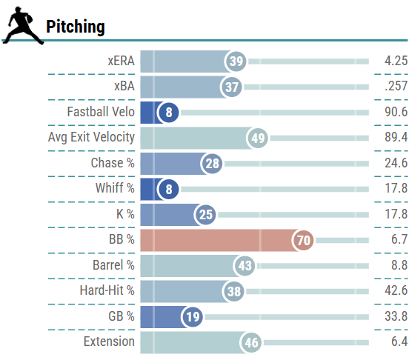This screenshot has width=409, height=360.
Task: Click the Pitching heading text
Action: tap(76, 27)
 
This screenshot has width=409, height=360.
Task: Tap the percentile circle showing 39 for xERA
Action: tap(236, 61)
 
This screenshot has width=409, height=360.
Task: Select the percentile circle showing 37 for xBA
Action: tap(232, 87)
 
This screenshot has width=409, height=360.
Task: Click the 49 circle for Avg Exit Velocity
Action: tap(258, 139)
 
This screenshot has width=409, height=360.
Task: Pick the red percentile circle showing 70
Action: tap(302, 240)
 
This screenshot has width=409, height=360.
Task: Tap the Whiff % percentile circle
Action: tap(169, 189)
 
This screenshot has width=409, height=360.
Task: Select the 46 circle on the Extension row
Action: tap(252, 342)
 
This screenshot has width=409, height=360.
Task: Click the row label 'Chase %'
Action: tap(113, 164)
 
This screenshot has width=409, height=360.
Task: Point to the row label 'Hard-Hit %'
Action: tap(107, 291)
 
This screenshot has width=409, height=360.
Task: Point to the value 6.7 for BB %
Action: tap(398, 240)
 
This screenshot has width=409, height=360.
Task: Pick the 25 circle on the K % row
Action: tap(205, 215)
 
